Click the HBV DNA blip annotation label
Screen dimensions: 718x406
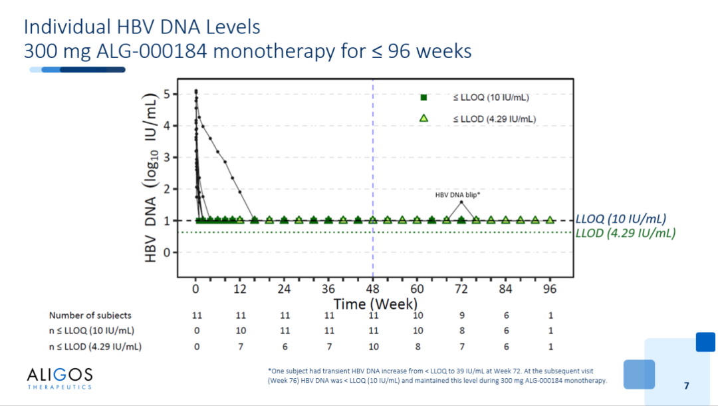coord(457,195)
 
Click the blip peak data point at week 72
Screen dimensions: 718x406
coord(461,202)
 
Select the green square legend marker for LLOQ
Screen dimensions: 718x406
coord(423,97)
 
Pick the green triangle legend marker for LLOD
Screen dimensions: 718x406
coord(423,118)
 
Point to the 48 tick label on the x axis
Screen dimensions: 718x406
coord(373,289)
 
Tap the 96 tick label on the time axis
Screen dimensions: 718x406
coord(550,289)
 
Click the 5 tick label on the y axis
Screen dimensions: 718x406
coord(167,94)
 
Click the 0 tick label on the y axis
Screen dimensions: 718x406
coord(167,252)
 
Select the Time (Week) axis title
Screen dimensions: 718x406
coord(376,304)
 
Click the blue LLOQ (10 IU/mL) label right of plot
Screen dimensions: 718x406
coord(621,218)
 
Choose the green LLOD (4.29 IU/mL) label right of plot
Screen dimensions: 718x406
coord(626,233)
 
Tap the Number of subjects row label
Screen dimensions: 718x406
coord(90,315)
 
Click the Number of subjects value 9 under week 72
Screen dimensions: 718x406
coord(462,315)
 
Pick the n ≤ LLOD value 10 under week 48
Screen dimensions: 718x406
coord(374,346)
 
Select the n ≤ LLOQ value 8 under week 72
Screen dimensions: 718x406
coord(462,330)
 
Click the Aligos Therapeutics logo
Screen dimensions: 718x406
coord(60,378)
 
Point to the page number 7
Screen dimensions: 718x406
coord(686,386)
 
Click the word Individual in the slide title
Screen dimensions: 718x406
coord(68,27)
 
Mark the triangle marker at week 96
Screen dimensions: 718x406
coord(550,220)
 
